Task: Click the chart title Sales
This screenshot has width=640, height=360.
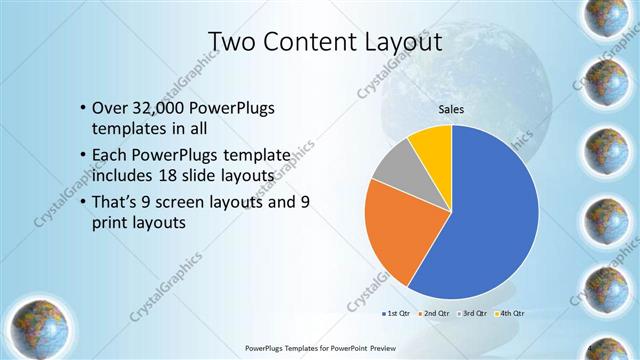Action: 452,110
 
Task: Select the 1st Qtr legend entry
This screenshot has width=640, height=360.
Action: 399,314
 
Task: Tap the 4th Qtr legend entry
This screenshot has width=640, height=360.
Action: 513,314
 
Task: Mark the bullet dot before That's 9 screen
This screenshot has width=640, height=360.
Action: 81,202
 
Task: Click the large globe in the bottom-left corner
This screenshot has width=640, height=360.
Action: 37,322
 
